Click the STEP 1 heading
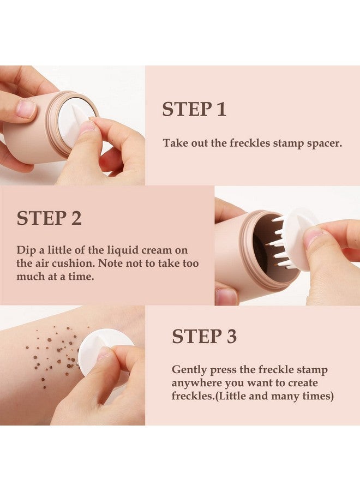point(194,109)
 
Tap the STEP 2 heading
point(49,218)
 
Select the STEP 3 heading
point(204,337)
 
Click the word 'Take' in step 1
point(174,143)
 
